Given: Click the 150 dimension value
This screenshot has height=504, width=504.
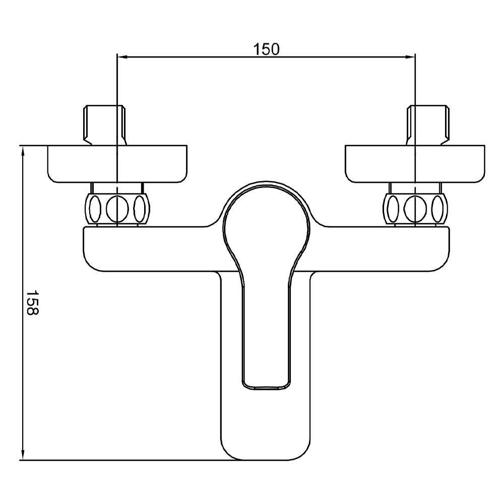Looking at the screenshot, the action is click(267, 49).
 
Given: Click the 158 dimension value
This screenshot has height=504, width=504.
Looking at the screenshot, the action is click(32, 302).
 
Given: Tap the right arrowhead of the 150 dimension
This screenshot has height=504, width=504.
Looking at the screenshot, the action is click(410, 57).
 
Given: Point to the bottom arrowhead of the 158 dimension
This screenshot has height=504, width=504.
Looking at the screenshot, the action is click(23, 455).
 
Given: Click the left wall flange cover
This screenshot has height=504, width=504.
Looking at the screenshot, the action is click(117, 164).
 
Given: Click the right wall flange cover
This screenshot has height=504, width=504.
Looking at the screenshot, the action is click(415, 164).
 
